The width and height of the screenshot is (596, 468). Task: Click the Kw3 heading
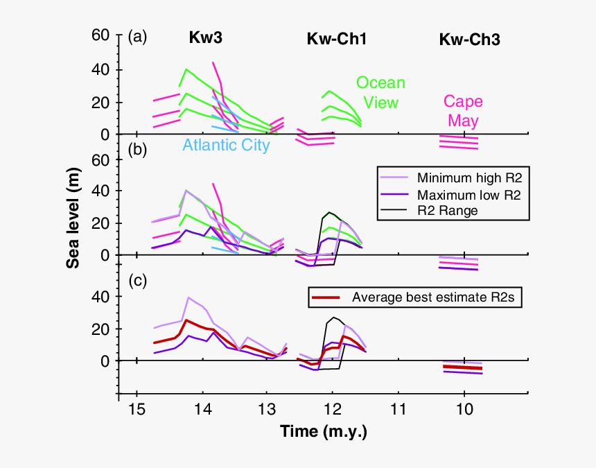[206, 39]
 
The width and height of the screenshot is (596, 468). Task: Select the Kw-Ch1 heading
[337, 40]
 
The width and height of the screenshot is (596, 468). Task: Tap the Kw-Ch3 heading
[470, 40]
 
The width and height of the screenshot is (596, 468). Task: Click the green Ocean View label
[381, 93]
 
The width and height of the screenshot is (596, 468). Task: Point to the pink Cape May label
[464, 111]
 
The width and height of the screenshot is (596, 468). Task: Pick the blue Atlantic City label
[226, 146]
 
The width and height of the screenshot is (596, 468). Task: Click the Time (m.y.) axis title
[324, 432]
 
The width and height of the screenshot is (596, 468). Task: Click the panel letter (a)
[138, 37]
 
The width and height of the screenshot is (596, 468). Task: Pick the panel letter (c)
[138, 280]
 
